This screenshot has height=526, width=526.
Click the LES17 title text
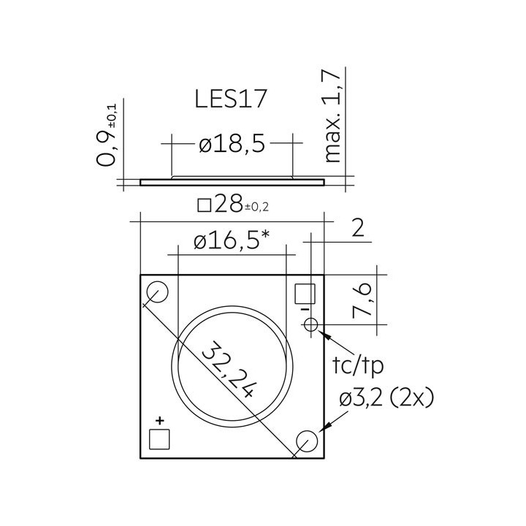pyautogui.click(x=231, y=99)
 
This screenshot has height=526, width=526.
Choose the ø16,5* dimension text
pyautogui.click(x=232, y=242)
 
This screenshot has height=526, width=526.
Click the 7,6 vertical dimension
pyautogui.click(x=363, y=301)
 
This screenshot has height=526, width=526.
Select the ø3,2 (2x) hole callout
pyautogui.click(x=386, y=399)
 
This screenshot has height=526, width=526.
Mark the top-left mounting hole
pyautogui.click(x=157, y=294)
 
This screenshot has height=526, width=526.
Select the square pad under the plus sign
pyautogui.click(x=159, y=438)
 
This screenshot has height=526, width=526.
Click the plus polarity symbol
pyautogui.click(x=159, y=420)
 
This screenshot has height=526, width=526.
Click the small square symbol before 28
pyautogui.click(x=205, y=205)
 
